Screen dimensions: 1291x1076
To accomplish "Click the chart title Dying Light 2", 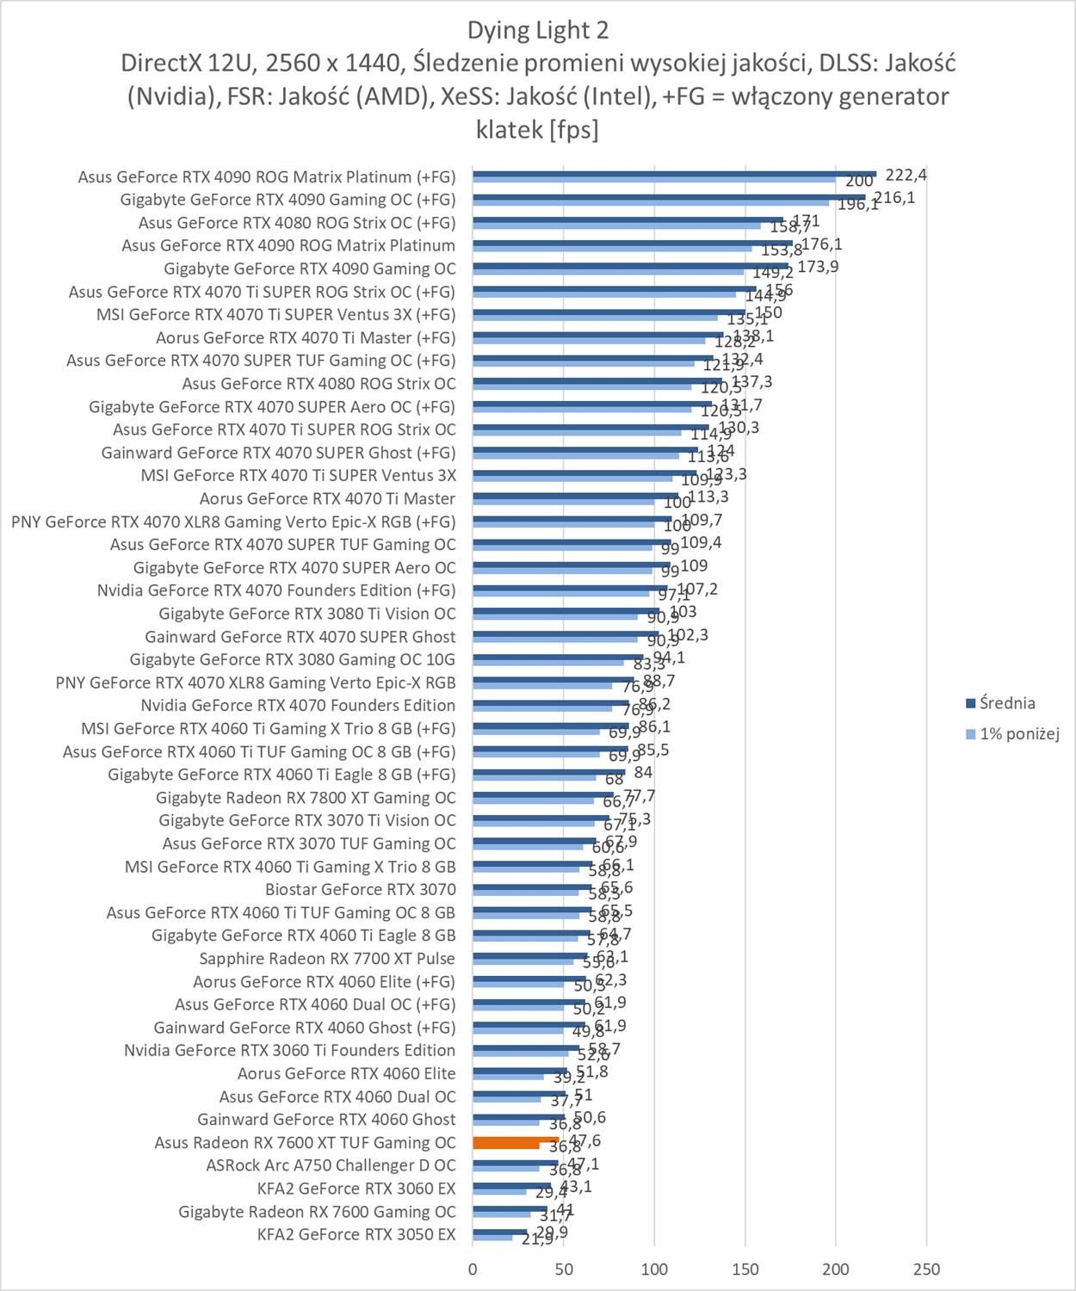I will [x=537, y=31].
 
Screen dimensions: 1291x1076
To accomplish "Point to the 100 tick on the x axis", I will [x=655, y=1269].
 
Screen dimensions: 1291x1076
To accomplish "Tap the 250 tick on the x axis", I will [x=926, y=1269].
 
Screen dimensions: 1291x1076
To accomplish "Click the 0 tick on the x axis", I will [x=473, y=1269].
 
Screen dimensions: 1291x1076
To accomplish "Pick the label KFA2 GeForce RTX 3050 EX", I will [x=356, y=1234].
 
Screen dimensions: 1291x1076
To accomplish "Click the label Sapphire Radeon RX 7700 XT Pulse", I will [x=327, y=958].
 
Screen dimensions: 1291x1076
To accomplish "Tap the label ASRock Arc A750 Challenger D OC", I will [x=331, y=1165].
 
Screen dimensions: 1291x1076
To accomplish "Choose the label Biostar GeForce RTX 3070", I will [x=360, y=889].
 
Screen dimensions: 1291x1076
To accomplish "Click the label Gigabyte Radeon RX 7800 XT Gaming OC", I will [x=306, y=797].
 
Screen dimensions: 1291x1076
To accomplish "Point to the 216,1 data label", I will [x=894, y=198].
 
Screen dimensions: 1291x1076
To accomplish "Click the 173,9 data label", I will [x=818, y=267].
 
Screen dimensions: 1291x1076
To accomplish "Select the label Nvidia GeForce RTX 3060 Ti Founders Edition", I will [x=289, y=1050].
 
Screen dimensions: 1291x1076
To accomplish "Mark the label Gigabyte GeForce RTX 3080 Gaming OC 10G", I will [x=292, y=659].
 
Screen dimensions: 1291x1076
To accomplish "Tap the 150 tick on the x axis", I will [x=745, y=1269].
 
